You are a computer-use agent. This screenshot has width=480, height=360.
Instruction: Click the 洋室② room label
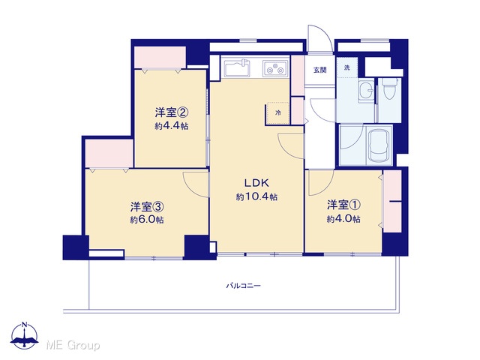pyautogui.click(x=172, y=112)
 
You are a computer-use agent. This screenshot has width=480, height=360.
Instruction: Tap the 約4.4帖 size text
pyautogui.click(x=172, y=126)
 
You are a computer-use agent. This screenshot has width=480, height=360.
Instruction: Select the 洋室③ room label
pyautogui.click(x=147, y=207)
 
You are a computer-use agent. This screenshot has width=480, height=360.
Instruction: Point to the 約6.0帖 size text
pyautogui.click(x=147, y=220)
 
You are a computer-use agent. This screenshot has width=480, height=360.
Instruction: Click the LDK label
pyautogui.click(x=256, y=183)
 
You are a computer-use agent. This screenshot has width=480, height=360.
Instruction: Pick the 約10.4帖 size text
pyautogui.click(x=256, y=196)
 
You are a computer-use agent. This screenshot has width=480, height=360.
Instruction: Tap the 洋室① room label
pyautogui.click(x=343, y=205)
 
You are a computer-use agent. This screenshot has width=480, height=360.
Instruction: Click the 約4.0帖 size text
pyautogui.click(x=343, y=219)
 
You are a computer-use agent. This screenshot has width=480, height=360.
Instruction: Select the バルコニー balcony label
pyautogui.click(x=243, y=286)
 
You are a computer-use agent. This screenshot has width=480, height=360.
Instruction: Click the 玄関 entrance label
pyautogui.click(x=320, y=70)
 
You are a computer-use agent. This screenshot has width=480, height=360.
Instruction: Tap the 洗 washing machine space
pyautogui.click(x=346, y=67)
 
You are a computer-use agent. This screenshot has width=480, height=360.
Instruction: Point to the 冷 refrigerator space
pyautogui.click(x=277, y=113)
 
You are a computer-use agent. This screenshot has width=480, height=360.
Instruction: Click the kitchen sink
pyautogui.click(x=238, y=68)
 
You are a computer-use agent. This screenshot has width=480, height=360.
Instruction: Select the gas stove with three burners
pyautogui.click(x=275, y=68)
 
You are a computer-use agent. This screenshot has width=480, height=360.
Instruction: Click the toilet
pyautogui.click(x=389, y=89)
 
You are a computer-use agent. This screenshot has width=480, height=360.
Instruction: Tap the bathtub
pyautogui.click(x=379, y=145)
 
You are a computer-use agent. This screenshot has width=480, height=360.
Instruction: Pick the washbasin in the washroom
pyautogui.click(x=366, y=91)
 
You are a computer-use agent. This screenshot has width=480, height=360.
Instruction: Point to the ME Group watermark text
pyautogui.click(x=73, y=345)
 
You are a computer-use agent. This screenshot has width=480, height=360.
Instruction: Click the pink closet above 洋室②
pyautogui.click(x=160, y=57)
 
